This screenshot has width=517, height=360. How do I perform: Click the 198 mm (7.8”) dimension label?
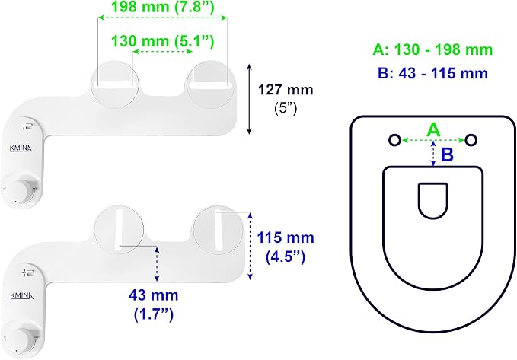162,7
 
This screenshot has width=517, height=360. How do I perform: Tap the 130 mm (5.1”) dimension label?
162,41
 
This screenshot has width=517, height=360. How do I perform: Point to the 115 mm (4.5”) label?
286,247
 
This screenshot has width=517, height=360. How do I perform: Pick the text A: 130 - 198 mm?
433,49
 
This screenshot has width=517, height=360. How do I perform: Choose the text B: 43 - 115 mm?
433,73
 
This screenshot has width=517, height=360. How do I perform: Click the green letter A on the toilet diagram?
433,129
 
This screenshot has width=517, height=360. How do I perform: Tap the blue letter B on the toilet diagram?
447,155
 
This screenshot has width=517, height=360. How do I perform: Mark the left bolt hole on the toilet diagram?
394,140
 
